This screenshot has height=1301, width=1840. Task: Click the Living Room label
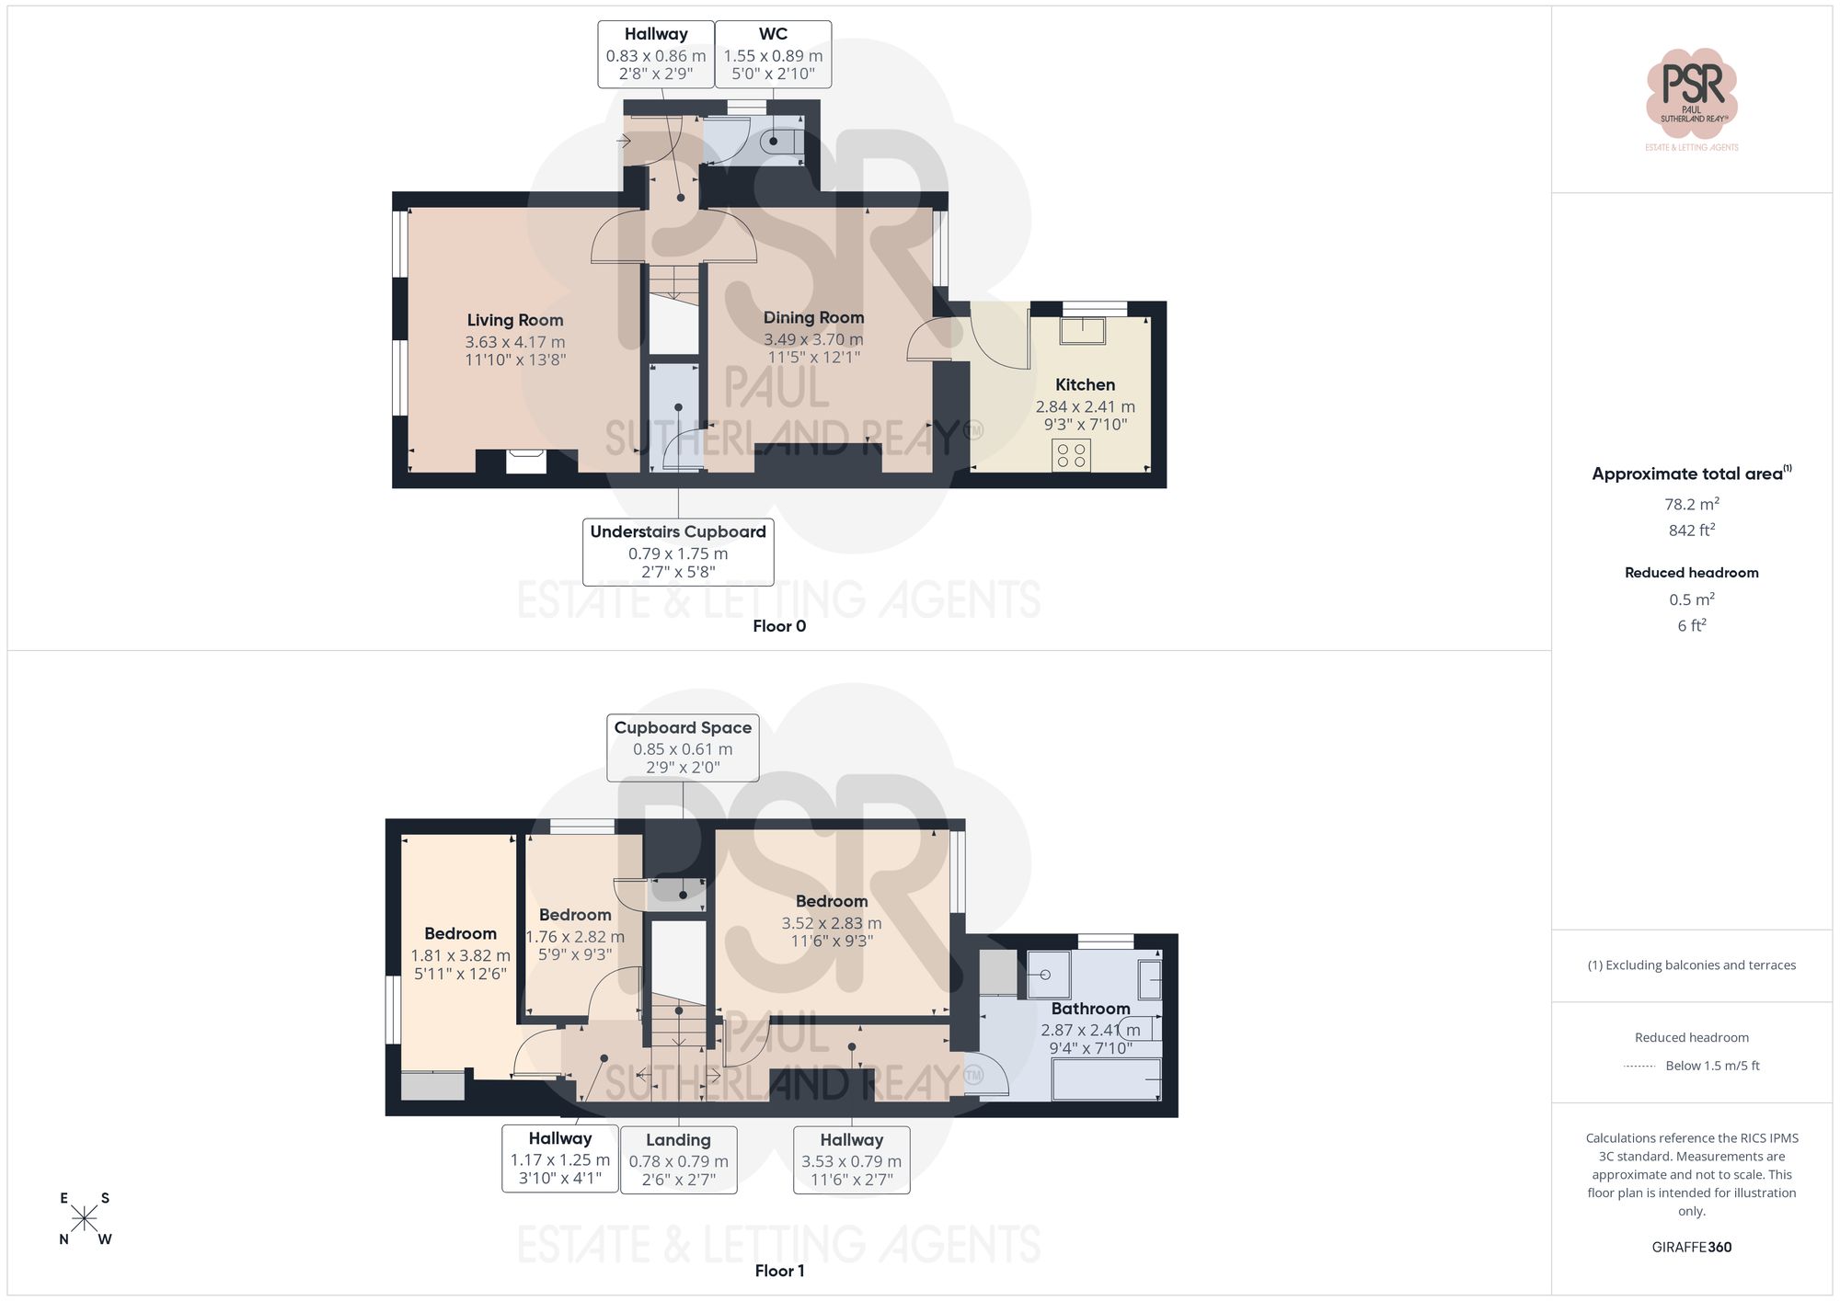click(x=514, y=320)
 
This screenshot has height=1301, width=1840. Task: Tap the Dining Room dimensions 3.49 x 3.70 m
click(x=813, y=339)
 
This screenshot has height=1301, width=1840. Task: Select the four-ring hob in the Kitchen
click(x=1071, y=455)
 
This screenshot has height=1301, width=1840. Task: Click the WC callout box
click(x=773, y=54)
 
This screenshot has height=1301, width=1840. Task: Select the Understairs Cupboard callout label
click(x=678, y=552)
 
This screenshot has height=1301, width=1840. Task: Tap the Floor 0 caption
click(x=779, y=626)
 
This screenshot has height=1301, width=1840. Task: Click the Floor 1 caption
click(x=779, y=1271)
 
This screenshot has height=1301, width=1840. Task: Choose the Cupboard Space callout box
click(x=683, y=748)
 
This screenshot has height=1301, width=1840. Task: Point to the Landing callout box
click(x=678, y=1159)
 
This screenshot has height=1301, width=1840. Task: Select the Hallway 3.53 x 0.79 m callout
click(x=851, y=1159)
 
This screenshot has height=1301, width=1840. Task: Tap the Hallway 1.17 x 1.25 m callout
click(x=559, y=1158)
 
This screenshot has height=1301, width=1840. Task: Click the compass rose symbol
click(x=84, y=1219)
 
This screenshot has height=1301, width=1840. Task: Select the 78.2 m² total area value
click(x=1691, y=504)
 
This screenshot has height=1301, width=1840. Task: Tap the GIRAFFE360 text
click(x=1691, y=1248)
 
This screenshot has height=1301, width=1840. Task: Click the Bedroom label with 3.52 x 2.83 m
click(x=831, y=901)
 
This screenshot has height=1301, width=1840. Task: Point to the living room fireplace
click(x=526, y=461)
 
